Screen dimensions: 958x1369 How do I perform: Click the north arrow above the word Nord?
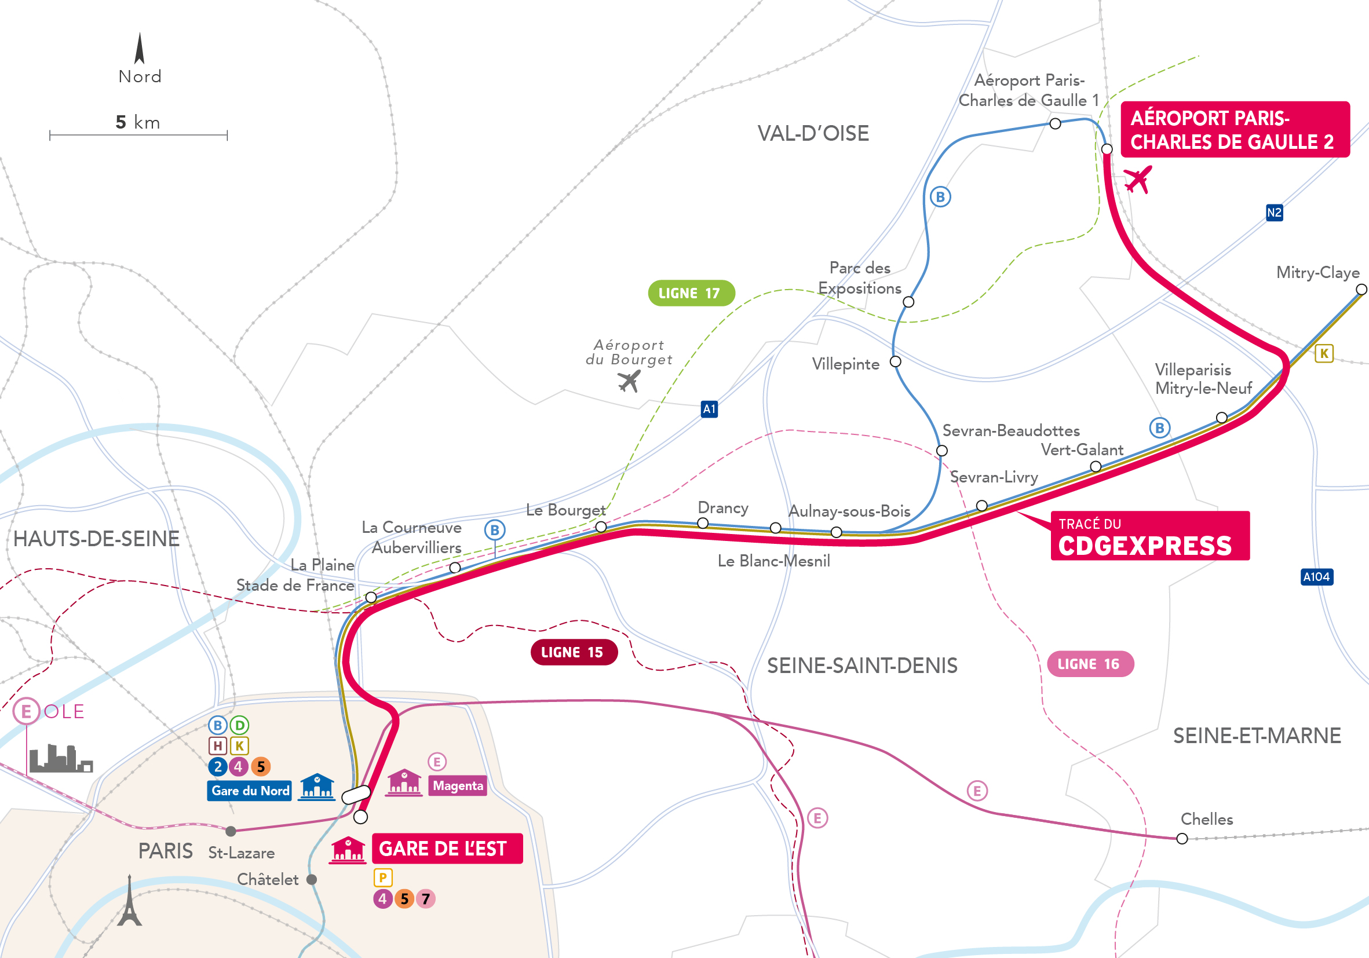(x=140, y=49)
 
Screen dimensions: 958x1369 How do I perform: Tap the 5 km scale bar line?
(x=138, y=136)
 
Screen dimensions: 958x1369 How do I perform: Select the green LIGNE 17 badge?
(x=691, y=292)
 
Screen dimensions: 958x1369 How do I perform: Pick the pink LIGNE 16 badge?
(x=1090, y=664)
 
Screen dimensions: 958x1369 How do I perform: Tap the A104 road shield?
(x=1316, y=576)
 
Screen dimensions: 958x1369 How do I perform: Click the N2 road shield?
(x=1274, y=212)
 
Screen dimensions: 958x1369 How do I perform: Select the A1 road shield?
(x=709, y=409)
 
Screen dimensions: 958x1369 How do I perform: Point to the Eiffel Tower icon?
(x=129, y=901)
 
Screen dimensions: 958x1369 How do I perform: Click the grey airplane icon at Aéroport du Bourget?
(x=629, y=381)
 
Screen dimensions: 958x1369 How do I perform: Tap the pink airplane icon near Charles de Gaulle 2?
(x=1138, y=180)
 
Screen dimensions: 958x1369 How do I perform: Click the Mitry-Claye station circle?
(x=1361, y=290)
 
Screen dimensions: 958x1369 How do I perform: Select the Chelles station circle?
(x=1182, y=839)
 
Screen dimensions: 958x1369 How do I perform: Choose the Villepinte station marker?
(x=895, y=362)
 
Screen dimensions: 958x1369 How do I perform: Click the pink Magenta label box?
(x=458, y=786)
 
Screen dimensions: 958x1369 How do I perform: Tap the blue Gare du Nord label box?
(x=250, y=791)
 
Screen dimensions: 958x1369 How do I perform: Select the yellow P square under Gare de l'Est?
(x=383, y=877)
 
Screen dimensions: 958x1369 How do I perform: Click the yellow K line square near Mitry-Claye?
(x=1324, y=353)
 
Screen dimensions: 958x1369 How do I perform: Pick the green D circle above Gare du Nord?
(x=239, y=726)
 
